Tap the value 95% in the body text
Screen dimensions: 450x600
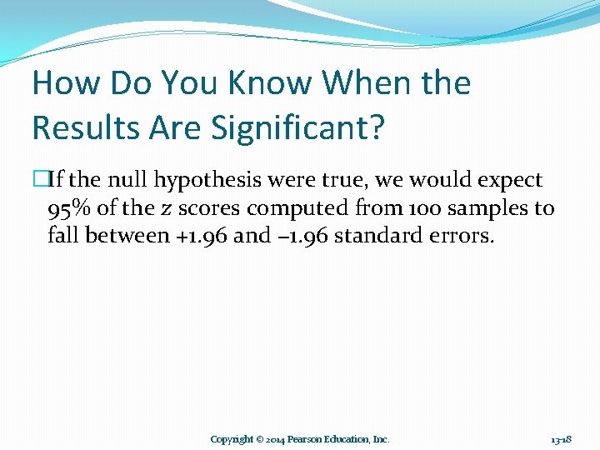69,207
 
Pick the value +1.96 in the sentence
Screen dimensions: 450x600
200,236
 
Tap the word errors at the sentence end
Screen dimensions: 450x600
462,236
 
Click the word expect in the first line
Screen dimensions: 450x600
511,180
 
